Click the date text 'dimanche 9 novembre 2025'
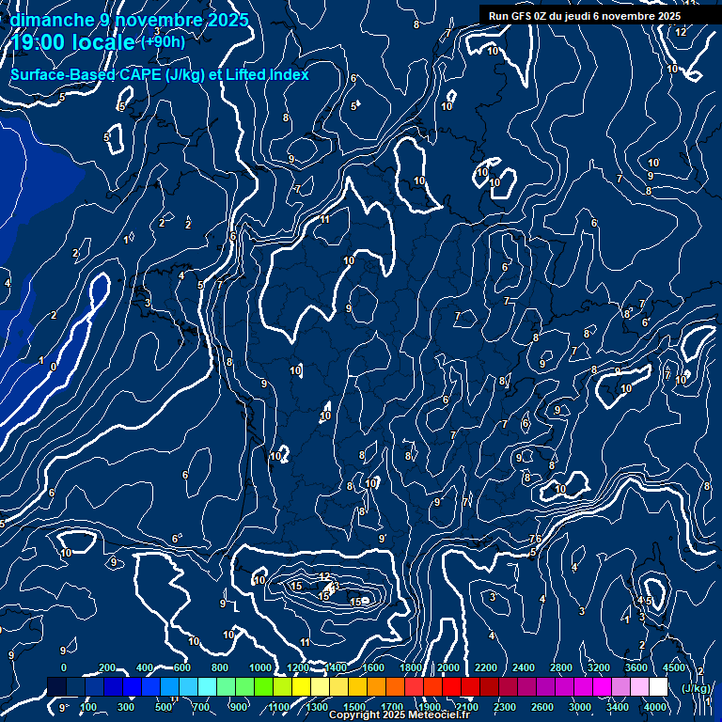point(129,20)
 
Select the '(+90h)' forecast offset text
point(163,42)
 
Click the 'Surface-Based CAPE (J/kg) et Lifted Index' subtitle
point(160,74)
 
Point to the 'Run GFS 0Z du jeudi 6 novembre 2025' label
point(585,16)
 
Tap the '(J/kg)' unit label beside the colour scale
point(696,688)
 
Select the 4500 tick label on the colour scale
point(674,667)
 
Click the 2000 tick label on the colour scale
point(448,667)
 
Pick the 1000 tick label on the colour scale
point(260,667)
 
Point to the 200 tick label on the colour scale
point(106,667)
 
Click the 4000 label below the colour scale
point(655,707)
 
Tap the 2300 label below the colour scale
point(505,707)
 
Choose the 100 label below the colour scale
point(89,707)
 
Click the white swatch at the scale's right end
point(658,687)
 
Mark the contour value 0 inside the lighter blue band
point(54,367)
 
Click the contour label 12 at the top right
point(681,32)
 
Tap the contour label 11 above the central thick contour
point(324,219)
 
